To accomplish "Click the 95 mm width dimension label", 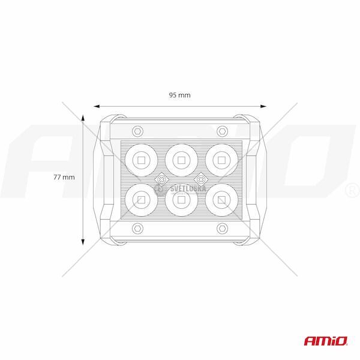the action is (180, 95).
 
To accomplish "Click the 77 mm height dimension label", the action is (64, 177).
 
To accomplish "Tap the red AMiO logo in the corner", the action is (326, 341).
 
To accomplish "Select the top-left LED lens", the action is (142, 160).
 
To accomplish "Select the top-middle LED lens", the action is (181, 160).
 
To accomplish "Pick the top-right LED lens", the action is (221, 160).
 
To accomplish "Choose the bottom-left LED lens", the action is (142, 200).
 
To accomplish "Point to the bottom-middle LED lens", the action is (181, 200).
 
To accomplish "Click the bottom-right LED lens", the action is (221, 200).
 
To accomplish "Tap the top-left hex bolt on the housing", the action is (138, 131).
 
